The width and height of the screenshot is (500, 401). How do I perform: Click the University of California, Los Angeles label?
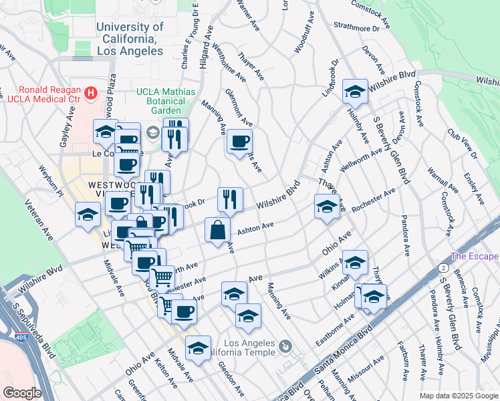(x=130, y=39)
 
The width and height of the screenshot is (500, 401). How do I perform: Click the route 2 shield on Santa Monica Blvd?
(x=444, y=267)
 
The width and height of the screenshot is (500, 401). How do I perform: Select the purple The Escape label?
(x=475, y=256)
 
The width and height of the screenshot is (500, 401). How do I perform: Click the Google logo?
(x=22, y=393)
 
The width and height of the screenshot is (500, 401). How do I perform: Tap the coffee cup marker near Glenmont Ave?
(x=239, y=142)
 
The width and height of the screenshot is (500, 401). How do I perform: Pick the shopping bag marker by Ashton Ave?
(x=218, y=231)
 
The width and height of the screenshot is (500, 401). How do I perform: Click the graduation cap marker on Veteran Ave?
(x=88, y=215)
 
